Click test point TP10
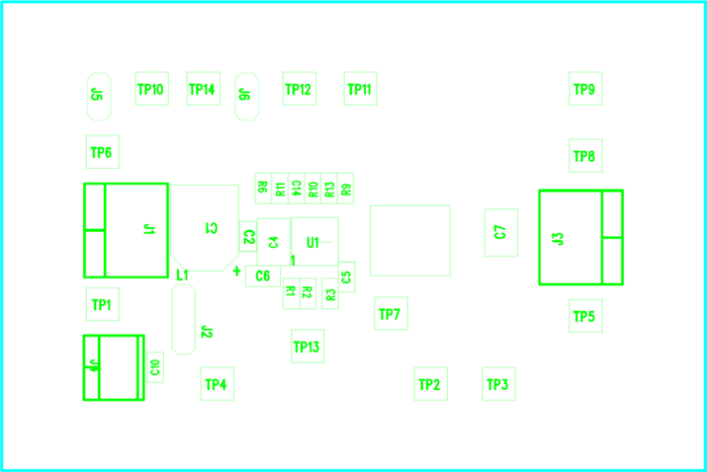(151, 89)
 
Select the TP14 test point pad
(202, 89)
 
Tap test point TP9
(585, 89)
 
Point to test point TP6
(102, 152)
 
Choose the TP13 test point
(307, 346)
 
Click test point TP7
(390, 314)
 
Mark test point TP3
(498, 384)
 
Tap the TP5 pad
(585, 316)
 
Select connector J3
(580, 237)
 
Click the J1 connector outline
(125, 230)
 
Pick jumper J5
(98, 96)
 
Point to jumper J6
(246, 96)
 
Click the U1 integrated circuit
(315, 242)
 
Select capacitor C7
(501, 232)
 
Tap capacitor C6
(262, 277)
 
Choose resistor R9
(346, 188)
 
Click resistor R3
(331, 295)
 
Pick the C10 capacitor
(154, 366)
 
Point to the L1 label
(182, 275)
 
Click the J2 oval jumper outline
(184, 318)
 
